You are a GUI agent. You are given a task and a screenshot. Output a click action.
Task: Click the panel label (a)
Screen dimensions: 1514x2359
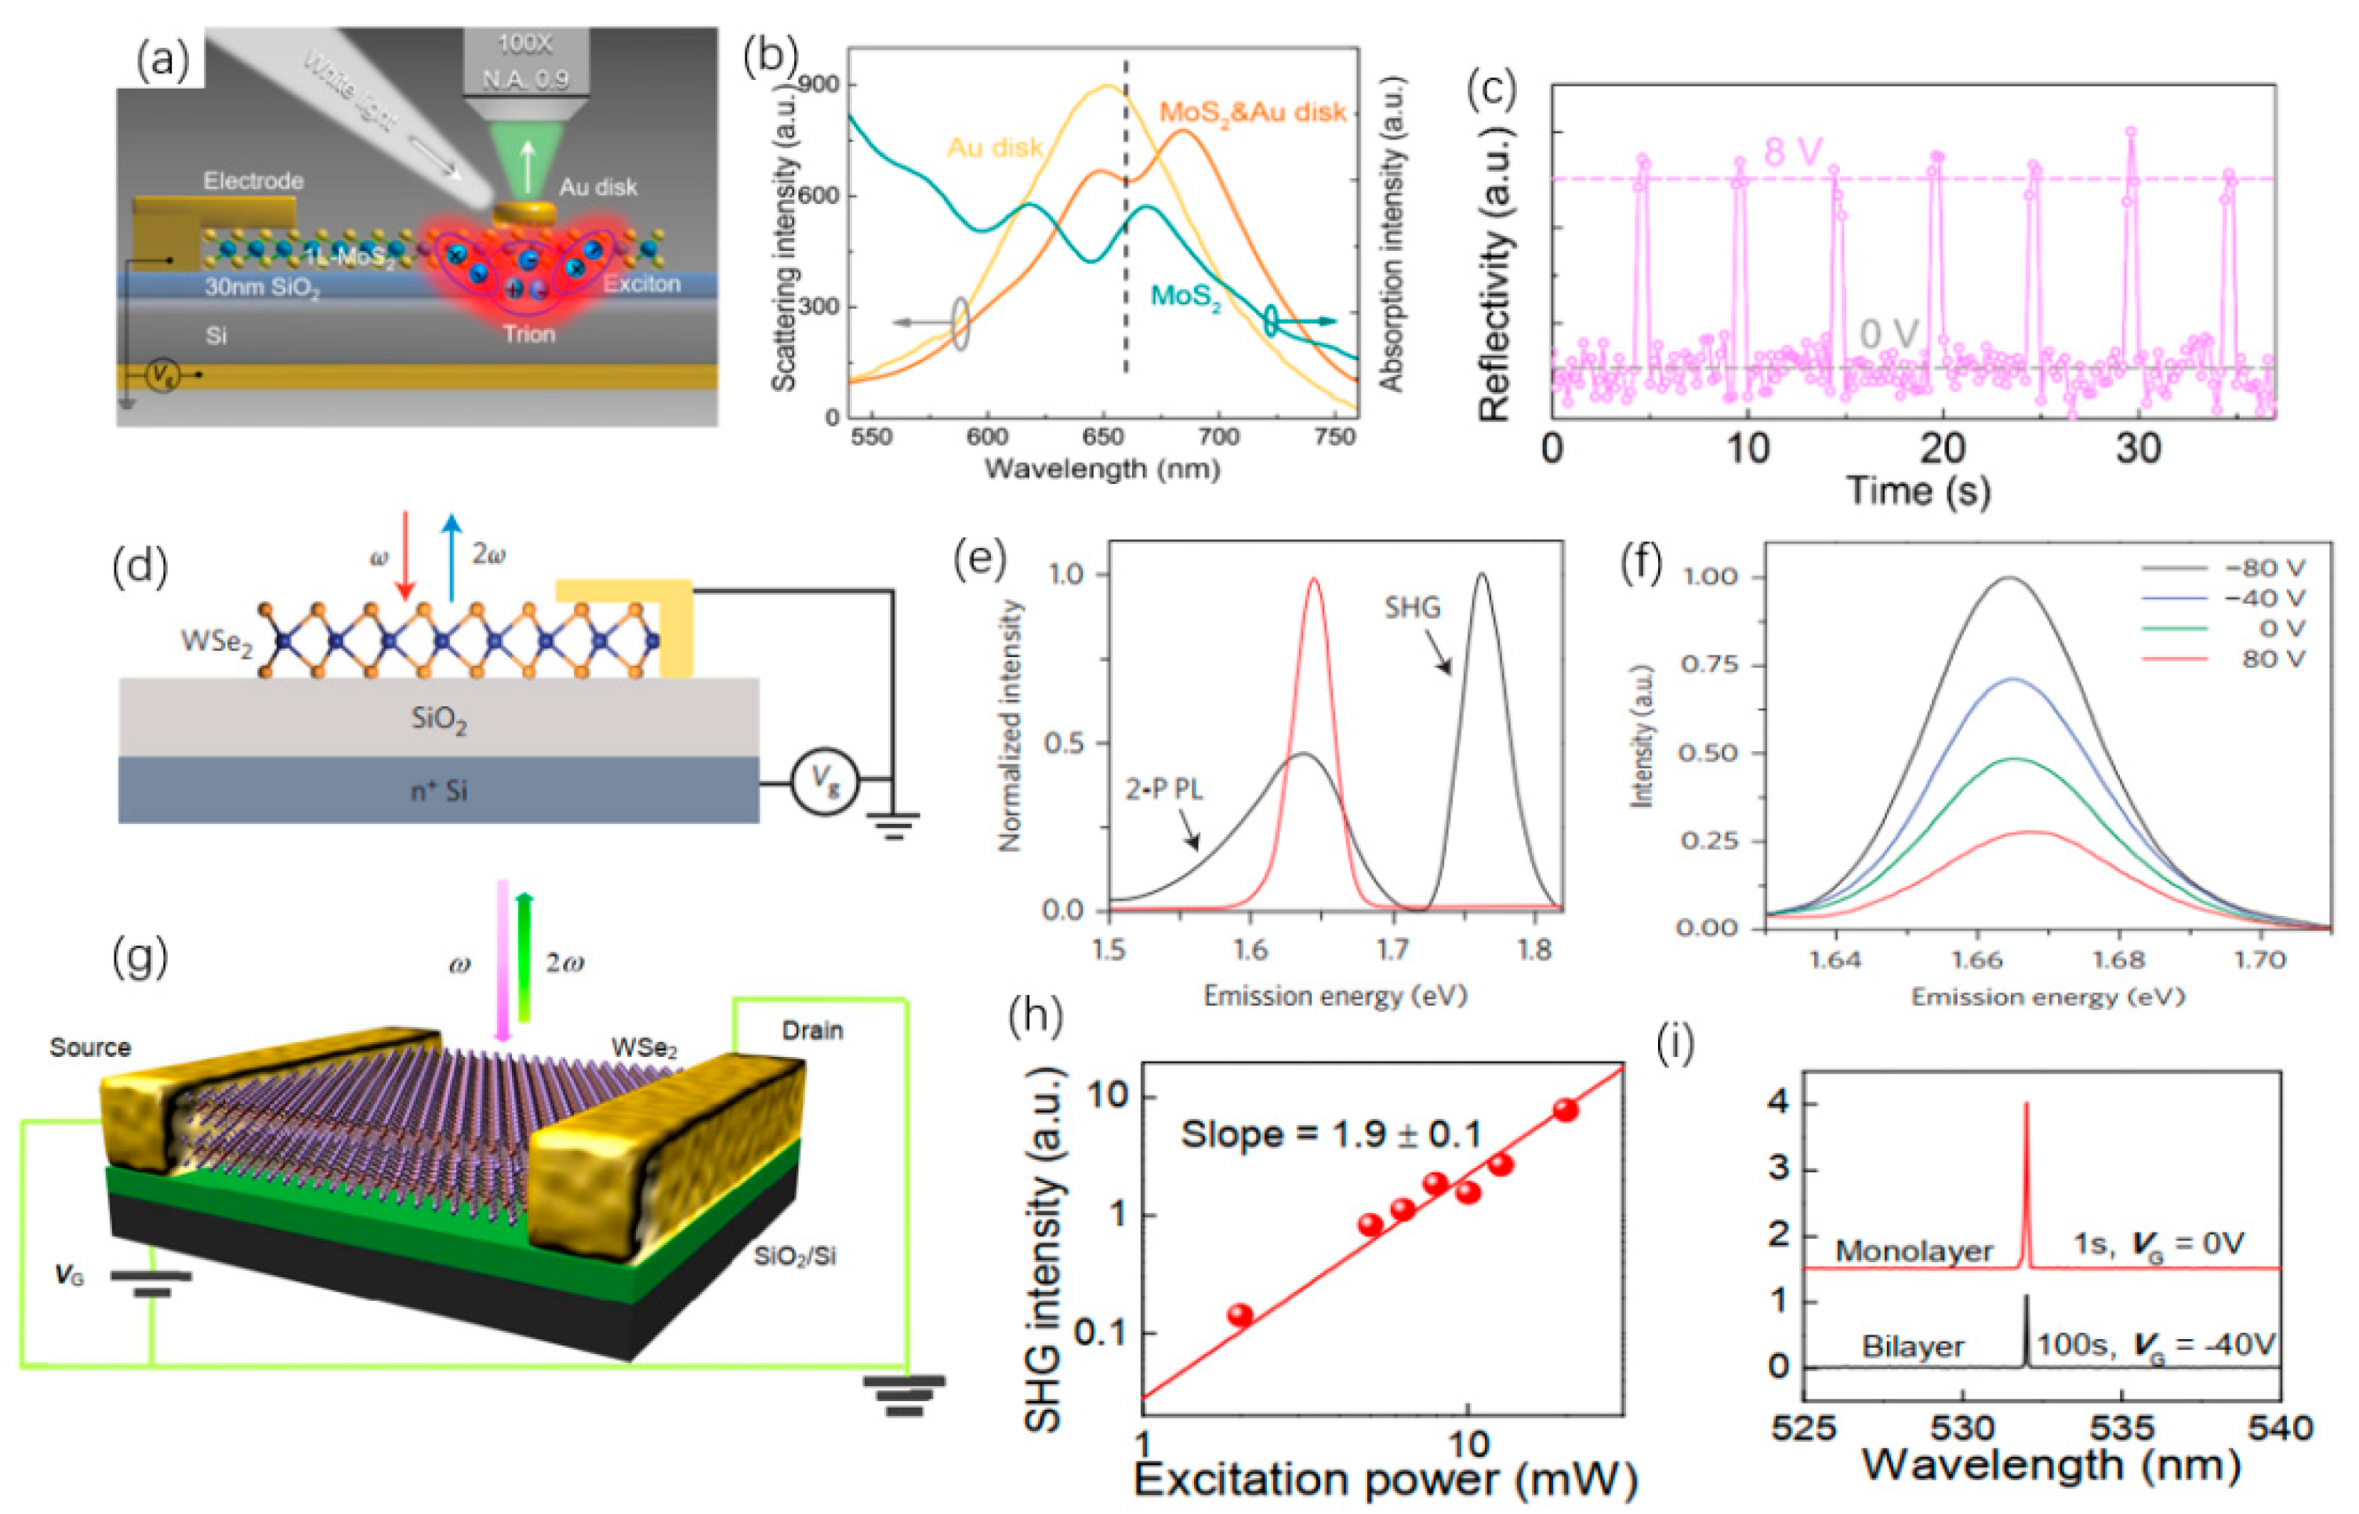pyautogui.click(x=163, y=61)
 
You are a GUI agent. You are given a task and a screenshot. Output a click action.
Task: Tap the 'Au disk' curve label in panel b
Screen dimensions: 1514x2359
pyautogui.click(x=994, y=147)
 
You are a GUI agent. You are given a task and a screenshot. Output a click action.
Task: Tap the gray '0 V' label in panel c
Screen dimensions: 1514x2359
pyautogui.click(x=1888, y=334)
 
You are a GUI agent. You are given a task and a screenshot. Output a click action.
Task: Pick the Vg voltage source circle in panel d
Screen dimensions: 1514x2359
pyautogui.click(x=826, y=782)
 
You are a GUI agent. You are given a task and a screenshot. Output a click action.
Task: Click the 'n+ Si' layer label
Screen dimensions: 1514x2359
pyautogui.click(x=438, y=790)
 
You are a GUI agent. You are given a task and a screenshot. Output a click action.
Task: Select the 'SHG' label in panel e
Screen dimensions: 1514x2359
pyautogui.click(x=1413, y=608)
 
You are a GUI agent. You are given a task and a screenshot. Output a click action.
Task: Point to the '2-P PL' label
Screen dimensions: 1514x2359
pyautogui.click(x=1163, y=790)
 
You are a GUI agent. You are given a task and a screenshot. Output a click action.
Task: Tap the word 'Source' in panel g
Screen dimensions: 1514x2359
pyautogui.click(x=90, y=1047)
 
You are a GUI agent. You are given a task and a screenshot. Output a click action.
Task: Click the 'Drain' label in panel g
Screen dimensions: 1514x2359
pyautogui.click(x=812, y=1030)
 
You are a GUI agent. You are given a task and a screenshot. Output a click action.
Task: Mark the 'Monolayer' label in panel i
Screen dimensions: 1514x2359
pyautogui.click(x=1913, y=1251)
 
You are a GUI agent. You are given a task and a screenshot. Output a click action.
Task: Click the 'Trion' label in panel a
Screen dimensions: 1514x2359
pyautogui.click(x=529, y=334)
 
